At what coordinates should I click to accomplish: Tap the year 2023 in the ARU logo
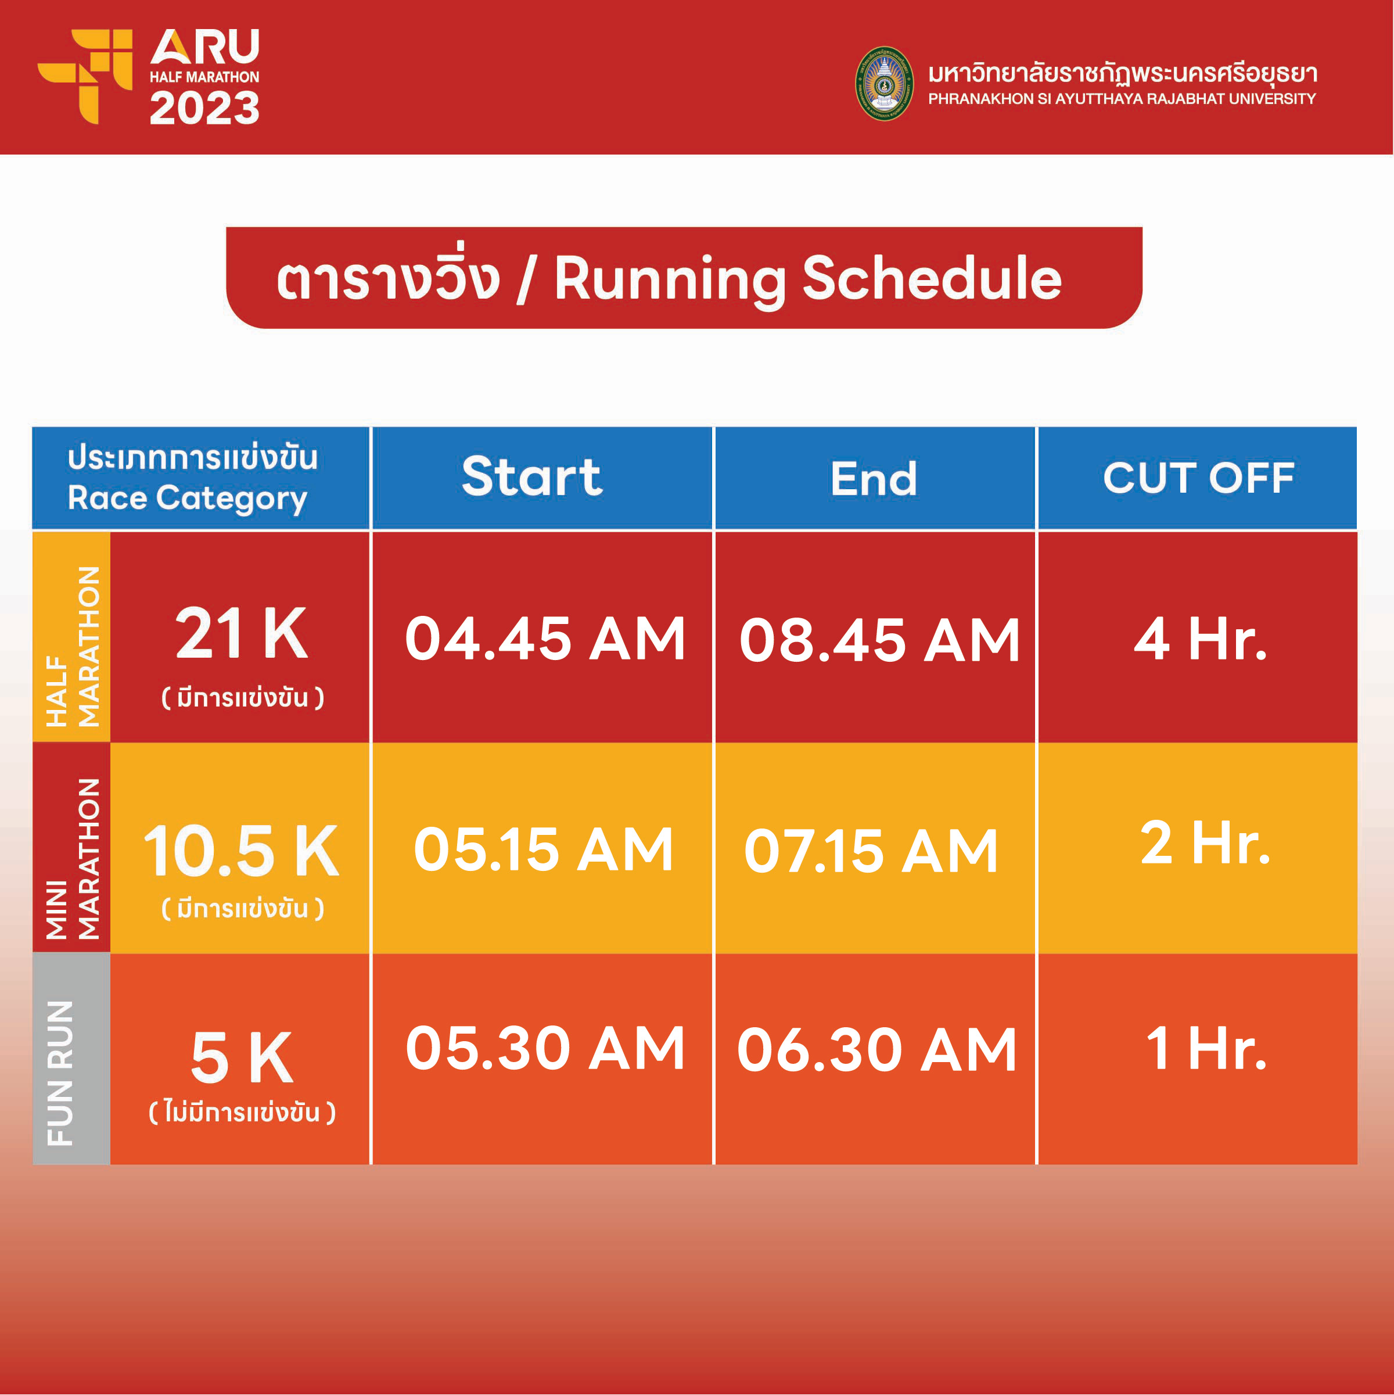[204, 109]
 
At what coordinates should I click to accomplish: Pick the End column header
[874, 479]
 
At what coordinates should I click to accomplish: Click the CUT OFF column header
[1198, 478]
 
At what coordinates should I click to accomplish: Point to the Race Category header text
[188, 499]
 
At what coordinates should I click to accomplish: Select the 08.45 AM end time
[879, 640]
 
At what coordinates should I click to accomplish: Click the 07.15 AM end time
[871, 851]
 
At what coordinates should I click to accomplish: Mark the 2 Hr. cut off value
[1205, 842]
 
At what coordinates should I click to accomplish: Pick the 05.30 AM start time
[545, 1048]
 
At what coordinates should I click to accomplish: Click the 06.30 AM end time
[877, 1049]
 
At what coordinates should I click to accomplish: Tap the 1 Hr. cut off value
[1206, 1048]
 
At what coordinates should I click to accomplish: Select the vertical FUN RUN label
[60, 1073]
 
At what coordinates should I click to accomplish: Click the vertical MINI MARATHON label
[72, 859]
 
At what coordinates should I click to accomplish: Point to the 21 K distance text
[242, 633]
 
